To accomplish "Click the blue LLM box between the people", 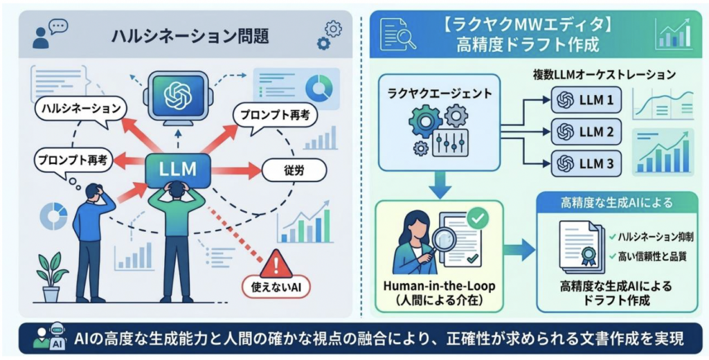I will click(x=177, y=169).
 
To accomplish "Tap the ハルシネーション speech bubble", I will click(x=81, y=110).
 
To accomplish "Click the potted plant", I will click(x=52, y=276).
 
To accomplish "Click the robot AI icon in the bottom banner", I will click(x=51, y=339).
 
